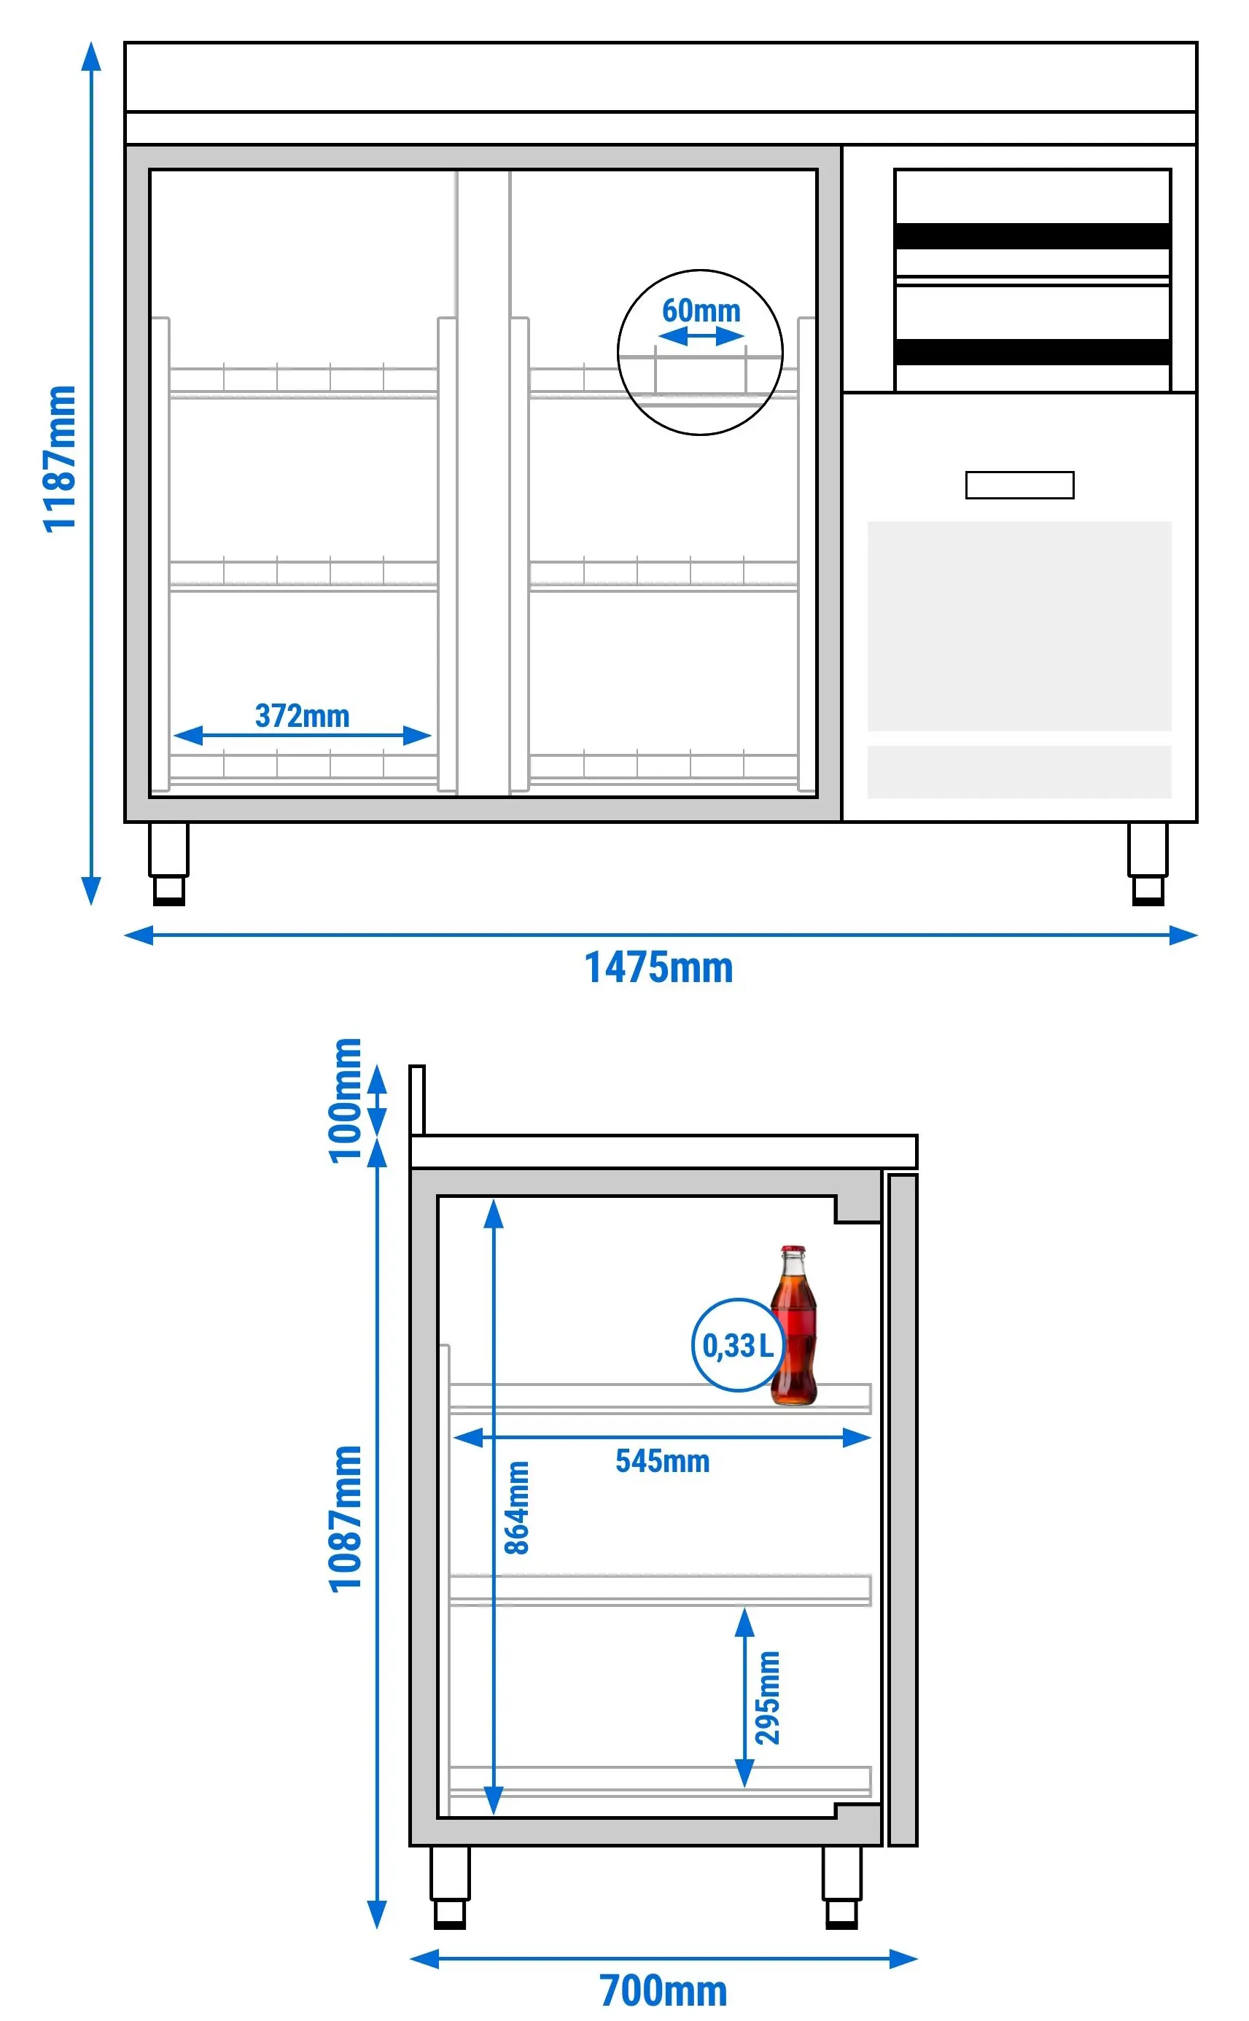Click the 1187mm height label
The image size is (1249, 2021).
point(60,459)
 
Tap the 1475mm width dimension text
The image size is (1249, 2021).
point(658,967)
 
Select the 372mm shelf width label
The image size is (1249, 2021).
point(303,715)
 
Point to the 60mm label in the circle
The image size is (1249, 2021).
point(701,311)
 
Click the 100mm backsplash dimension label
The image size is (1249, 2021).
point(346,1101)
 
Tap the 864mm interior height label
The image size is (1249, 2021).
point(517,1507)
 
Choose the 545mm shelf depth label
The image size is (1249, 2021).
point(663,1461)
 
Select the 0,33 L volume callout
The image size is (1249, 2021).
point(737,1345)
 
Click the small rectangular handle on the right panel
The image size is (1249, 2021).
point(1019,485)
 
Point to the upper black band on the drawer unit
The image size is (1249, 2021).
point(1032,236)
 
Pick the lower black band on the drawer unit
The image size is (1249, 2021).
point(1032,352)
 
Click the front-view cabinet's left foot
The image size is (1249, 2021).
point(168,864)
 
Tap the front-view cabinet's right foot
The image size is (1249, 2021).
point(1148,864)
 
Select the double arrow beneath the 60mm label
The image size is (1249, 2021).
point(701,336)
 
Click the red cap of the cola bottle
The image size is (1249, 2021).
point(793,1250)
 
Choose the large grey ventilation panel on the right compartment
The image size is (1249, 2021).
point(1019,626)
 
